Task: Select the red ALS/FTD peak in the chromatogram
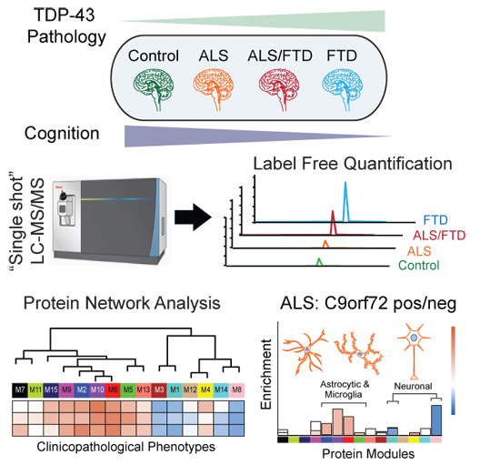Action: pyautogui.click(x=333, y=221)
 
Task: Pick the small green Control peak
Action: pyautogui.click(x=318, y=262)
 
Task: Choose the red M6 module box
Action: pyautogui.click(x=113, y=389)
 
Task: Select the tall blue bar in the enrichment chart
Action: pyautogui.click(x=436, y=420)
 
